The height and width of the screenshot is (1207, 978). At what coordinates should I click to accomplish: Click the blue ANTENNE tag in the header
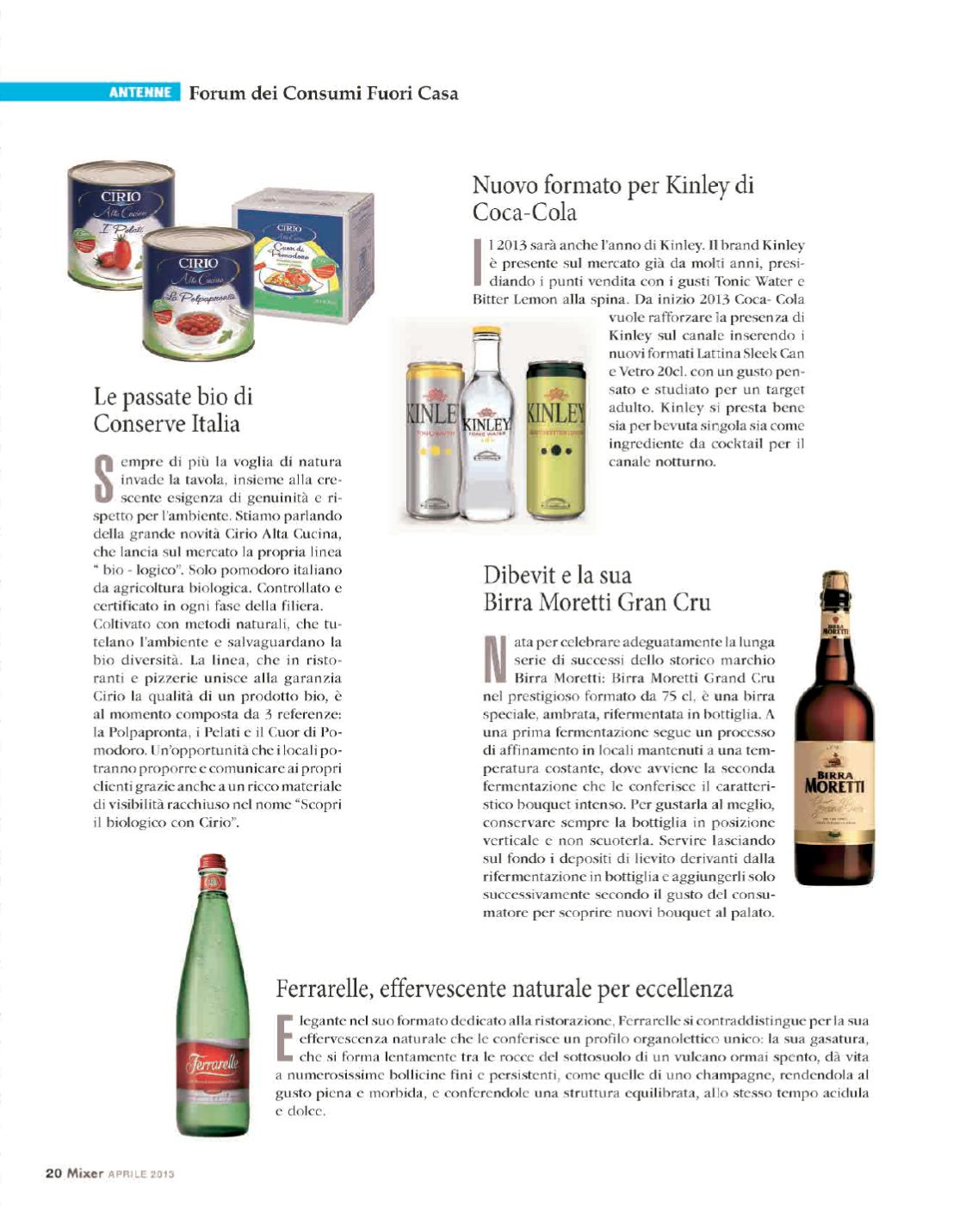coord(139,92)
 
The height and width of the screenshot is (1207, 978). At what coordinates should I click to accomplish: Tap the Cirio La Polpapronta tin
coord(198,293)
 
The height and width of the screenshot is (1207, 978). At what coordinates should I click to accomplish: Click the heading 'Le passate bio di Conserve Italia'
coord(173,410)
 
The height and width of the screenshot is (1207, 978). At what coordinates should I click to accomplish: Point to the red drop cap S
coord(103,479)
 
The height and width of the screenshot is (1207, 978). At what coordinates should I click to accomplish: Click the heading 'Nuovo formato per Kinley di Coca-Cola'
coord(613,198)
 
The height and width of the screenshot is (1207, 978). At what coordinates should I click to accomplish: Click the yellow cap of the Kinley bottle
coord(487,331)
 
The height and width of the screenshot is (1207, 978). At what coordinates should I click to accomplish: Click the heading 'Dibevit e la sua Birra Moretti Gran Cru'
coord(597,588)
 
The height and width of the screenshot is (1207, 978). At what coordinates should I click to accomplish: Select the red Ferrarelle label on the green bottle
coord(212,1067)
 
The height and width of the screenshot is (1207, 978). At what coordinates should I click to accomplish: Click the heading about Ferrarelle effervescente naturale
coord(504,988)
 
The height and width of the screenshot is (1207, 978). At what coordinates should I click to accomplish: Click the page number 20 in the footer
coord(53,1173)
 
